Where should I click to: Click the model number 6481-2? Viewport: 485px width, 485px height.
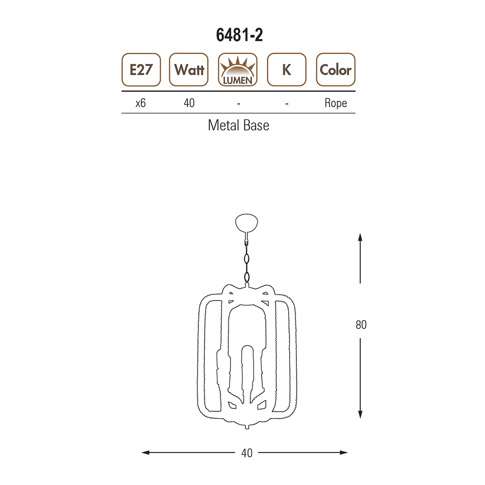[x=240, y=35]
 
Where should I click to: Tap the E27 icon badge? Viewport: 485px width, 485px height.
[x=141, y=69]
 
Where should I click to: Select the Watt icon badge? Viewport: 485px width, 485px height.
[x=189, y=69]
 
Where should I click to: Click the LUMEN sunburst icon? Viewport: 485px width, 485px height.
[x=238, y=69]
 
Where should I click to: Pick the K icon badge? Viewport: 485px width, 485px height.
[x=287, y=69]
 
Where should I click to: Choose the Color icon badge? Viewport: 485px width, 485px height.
[x=336, y=69]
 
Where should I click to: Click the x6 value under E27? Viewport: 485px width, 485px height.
[x=141, y=103]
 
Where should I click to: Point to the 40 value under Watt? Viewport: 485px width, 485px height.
[x=189, y=103]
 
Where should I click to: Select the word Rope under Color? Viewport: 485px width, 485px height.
[x=336, y=103]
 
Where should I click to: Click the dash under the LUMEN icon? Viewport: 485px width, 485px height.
[x=239, y=104]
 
